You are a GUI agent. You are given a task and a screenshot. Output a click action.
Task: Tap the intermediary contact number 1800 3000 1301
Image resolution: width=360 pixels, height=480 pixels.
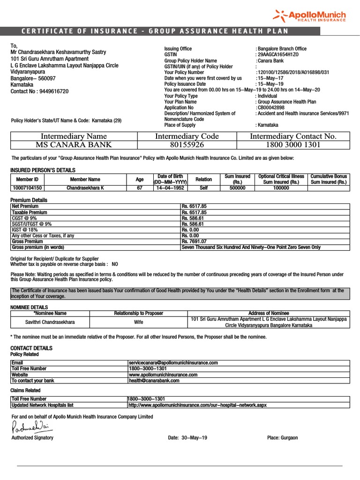[293, 145]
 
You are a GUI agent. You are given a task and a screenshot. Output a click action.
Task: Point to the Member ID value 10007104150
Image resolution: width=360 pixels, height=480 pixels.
[27, 187]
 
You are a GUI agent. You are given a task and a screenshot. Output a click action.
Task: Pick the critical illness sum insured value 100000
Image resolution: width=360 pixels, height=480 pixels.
[281, 187]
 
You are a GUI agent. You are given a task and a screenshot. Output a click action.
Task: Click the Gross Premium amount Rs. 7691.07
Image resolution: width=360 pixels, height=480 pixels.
[194, 241]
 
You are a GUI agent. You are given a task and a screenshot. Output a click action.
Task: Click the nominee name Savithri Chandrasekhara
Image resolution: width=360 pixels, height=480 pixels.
[50, 322]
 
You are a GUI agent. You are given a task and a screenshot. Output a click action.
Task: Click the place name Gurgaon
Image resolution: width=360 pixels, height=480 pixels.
[289, 438]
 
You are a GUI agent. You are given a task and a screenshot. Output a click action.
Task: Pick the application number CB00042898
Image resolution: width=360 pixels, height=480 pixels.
[271, 108]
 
